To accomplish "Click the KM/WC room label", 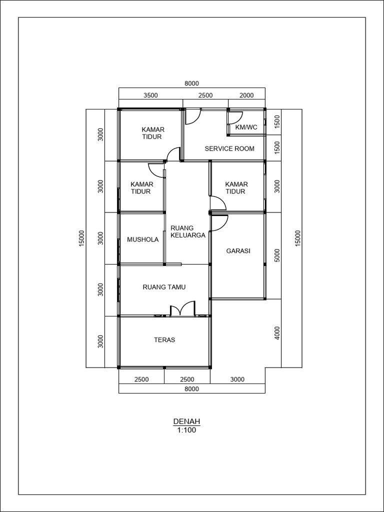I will coord(246,127).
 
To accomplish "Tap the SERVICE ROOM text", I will coord(229,148).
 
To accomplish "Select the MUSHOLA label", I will coord(142,239).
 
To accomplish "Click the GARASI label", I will coord(238,251).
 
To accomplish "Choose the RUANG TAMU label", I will coord(164,287).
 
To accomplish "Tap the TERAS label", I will coord(164,340).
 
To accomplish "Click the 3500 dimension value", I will coord(150,95).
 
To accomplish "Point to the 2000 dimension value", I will coord(246,95).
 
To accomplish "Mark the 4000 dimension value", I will coord(277,333).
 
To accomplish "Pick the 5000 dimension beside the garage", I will coord(277,255).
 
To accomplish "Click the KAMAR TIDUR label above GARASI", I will coord(236,188).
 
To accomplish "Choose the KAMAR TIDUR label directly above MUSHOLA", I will coord(141,188).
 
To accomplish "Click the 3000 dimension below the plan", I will coord(237,379).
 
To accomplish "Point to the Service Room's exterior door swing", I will coord(193,116).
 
